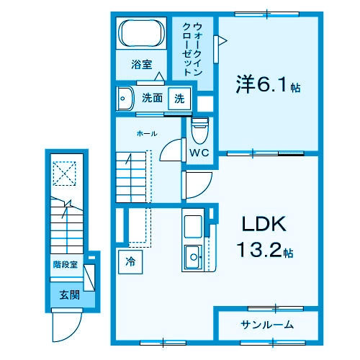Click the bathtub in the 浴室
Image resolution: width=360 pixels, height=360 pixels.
pyautogui.click(x=143, y=34)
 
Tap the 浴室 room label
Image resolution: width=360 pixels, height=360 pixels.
pyautogui.click(x=141, y=65)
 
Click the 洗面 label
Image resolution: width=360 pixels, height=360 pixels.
pyautogui.click(x=151, y=98)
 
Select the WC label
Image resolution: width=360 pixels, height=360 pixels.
pyautogui.click(x=199, y=153)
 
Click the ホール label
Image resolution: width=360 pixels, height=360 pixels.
pyautogui.click(x=147, y=134)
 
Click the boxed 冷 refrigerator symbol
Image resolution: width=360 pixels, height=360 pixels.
pyautogui.click(x=130, y=261)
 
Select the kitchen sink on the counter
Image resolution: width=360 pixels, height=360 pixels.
pyautogui.click(x=194, y=255)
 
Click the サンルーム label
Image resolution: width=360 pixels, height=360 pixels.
pyautogui.click(x=266, y=324)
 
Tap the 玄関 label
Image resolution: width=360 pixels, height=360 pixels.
pyautogui.click(x=69, y=294)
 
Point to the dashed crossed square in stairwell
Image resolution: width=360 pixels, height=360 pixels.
pyautogui.click(x=66, y=173)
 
